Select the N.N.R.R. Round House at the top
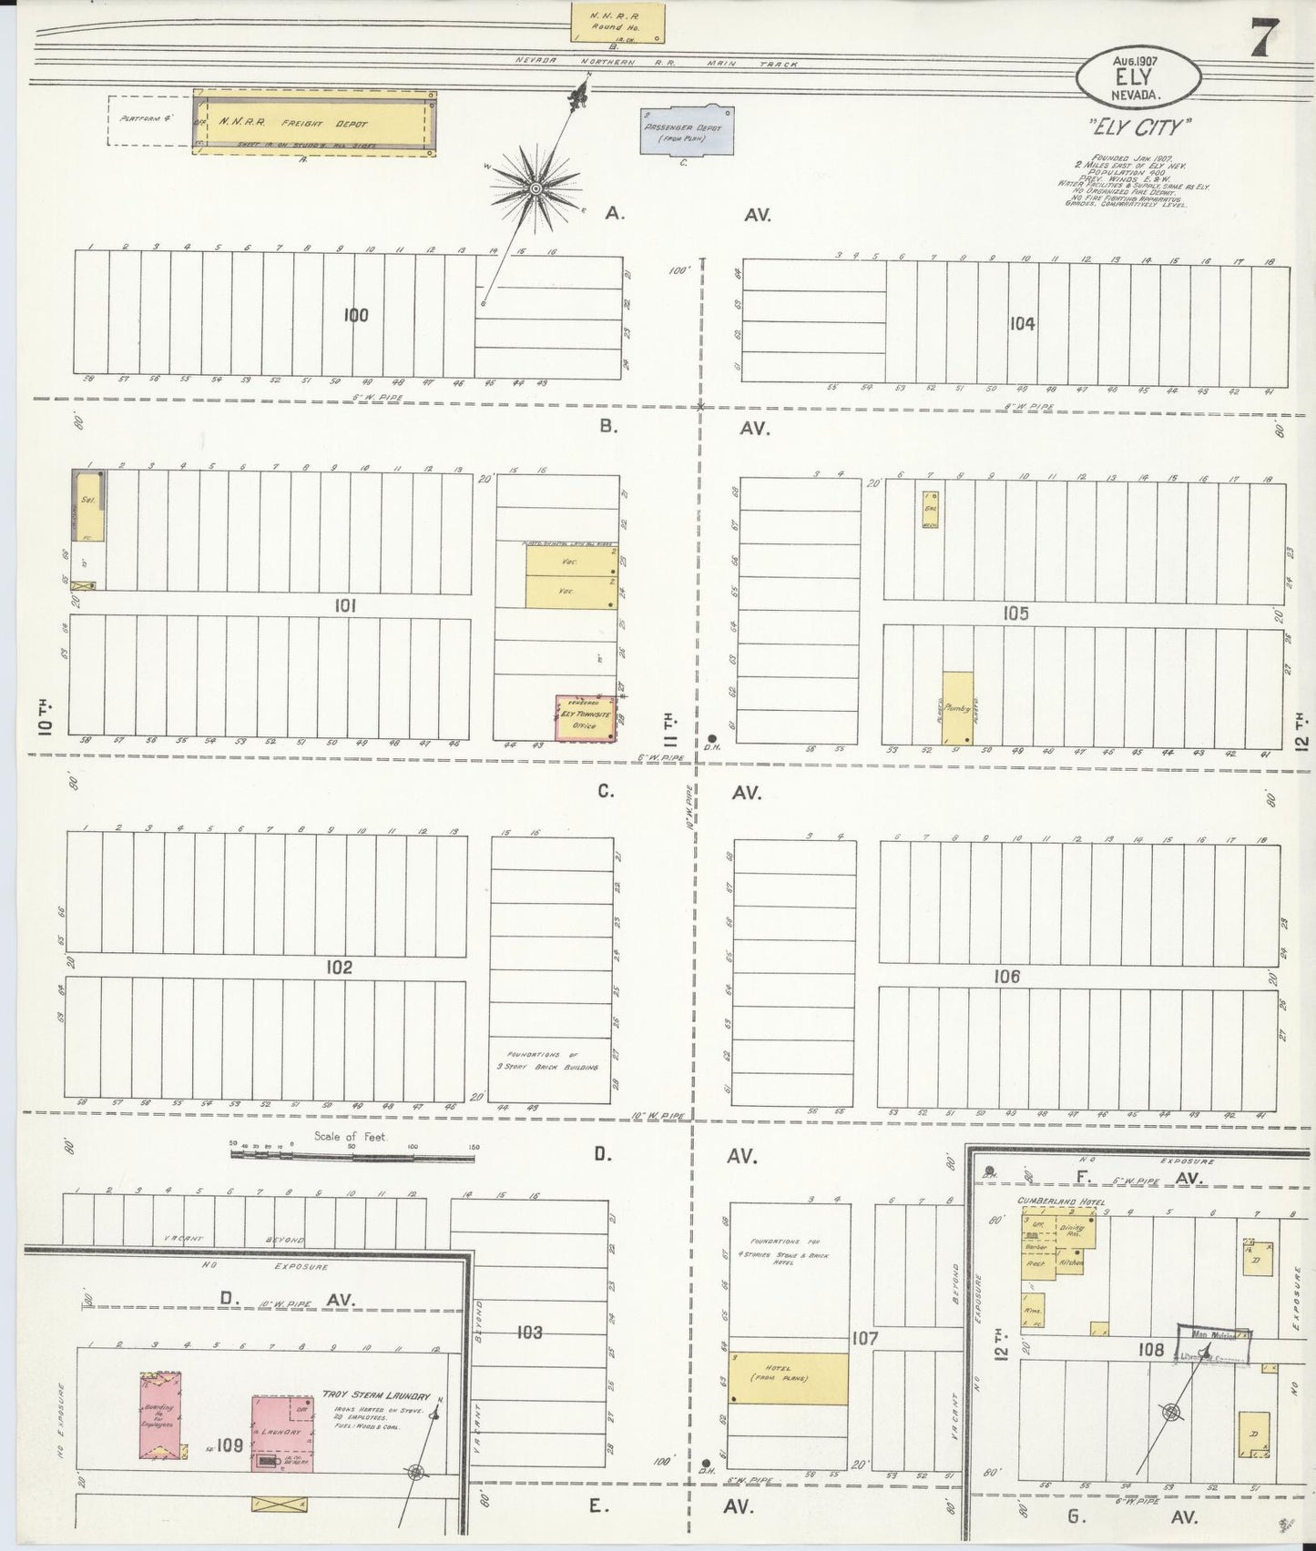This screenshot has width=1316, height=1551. [617, 23]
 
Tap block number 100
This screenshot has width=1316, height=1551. [356, 315]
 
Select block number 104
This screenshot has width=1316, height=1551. [1022, 322]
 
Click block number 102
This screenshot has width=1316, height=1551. [339, 968]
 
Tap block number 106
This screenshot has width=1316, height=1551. [1006, 976]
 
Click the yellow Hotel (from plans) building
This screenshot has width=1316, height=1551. [788, 1377]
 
